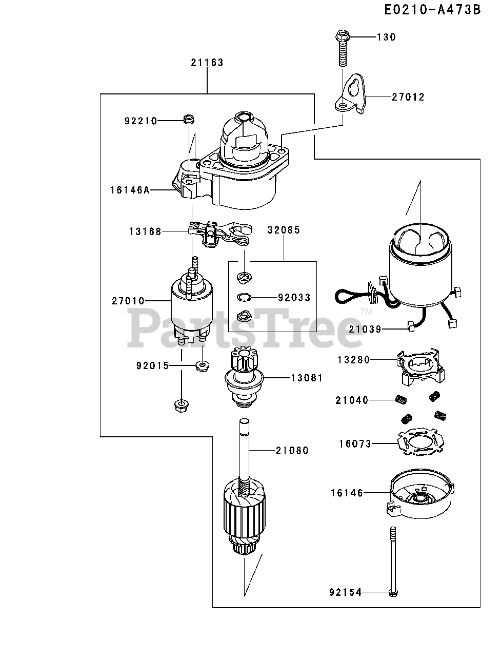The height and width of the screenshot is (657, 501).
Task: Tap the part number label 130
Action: tap(386, 37)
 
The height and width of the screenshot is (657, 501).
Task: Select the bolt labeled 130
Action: tap(342, 49)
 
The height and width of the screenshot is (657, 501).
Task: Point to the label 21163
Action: tap(207, 63)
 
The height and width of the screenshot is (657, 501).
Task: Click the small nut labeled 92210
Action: tap(188, 120)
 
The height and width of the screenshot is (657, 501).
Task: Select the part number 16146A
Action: tap(130, 190)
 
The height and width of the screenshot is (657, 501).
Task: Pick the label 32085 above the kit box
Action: tap(284, 230)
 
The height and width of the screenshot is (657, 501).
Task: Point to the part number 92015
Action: tap(152, 366)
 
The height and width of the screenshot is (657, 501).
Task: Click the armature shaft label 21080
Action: tap(292, 451)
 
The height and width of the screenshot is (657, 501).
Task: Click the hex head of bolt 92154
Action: tap(393, 593)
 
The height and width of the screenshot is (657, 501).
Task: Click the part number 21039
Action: tap(365, 329)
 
